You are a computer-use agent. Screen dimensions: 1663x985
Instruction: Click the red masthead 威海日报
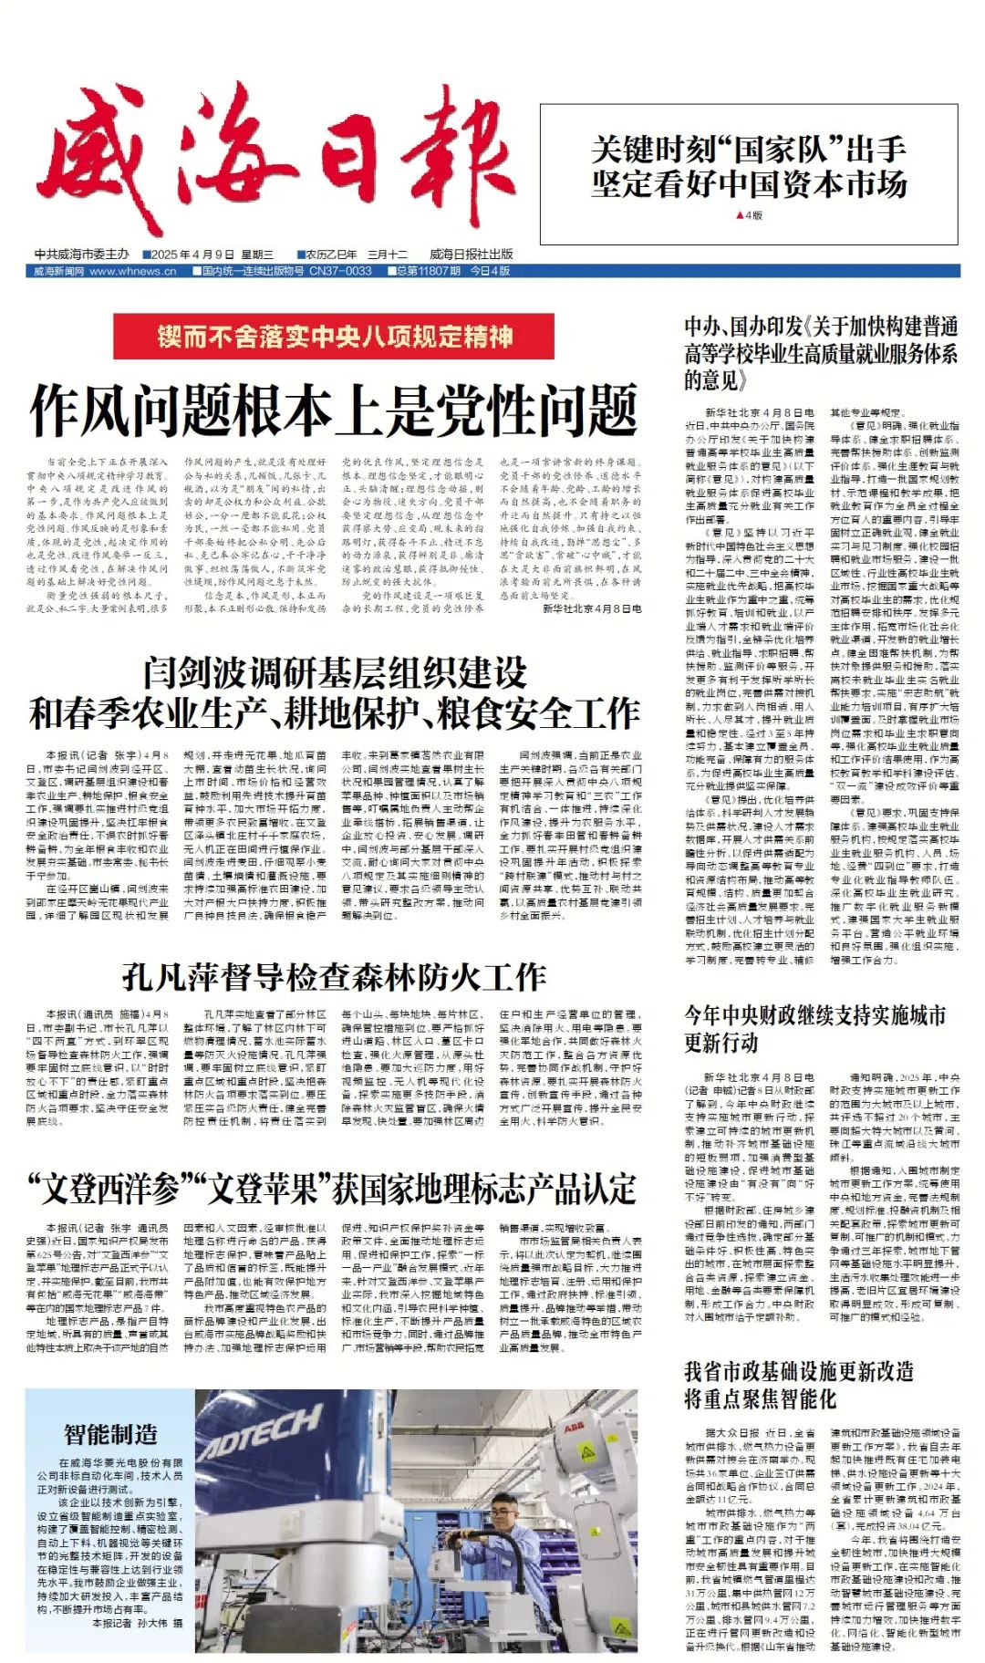coord(274,164)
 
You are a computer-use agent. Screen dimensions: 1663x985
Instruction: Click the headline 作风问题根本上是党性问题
coord(334,410)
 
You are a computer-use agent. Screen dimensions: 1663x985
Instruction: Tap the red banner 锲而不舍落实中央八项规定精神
coord(335,337)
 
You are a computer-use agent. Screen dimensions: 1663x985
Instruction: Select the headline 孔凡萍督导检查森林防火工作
coord(334,978)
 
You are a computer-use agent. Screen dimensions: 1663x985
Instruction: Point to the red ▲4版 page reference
coord(749,216)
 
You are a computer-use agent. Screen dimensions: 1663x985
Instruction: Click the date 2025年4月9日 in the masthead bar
coord(188,255)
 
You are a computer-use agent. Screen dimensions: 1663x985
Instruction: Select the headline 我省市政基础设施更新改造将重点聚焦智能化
coord(799,1385)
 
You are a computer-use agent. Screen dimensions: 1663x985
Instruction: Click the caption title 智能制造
coord(110,1434)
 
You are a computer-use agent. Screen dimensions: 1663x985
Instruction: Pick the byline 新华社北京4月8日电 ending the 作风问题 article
coord(592,608)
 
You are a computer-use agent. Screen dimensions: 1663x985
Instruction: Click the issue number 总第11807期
coord(429,271)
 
